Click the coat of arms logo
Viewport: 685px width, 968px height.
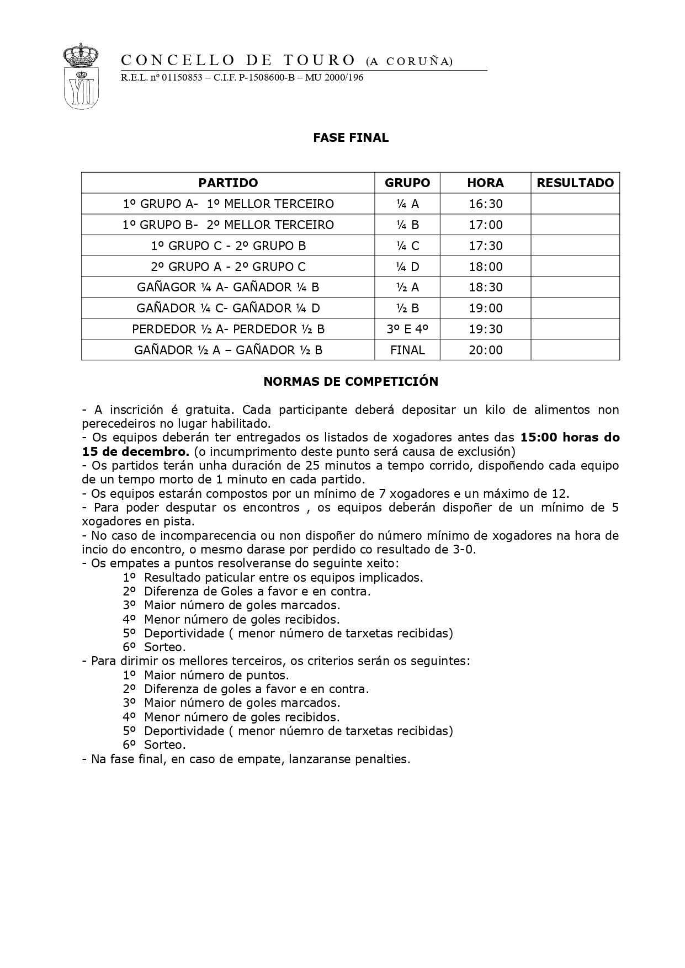[x=81, y=76]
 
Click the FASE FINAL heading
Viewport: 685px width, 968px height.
[x=351, y=138]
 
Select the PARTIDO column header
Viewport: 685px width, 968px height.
[x=228, y=183]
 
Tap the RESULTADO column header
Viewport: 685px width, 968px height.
[x=575, y=183]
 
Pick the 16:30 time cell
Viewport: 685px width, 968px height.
[x=486, y=204]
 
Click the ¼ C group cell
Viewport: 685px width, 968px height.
[x=407, y=246]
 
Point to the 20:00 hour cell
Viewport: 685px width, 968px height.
[x=486, y=350]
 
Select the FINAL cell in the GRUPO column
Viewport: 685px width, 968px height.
[x=407, y=350]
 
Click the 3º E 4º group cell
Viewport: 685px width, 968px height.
[x=407, y=329]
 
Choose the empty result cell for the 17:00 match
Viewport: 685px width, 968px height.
[x=575, y=225]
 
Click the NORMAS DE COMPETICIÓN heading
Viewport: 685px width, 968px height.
[x=351, y=382]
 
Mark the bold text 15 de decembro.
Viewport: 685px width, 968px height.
[x=135, y=451]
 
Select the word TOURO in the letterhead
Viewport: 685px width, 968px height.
[x=319, y=60]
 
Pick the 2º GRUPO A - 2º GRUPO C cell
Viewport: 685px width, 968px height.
[x=228, y=267]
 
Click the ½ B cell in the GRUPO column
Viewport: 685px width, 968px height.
[x=407, y=309]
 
